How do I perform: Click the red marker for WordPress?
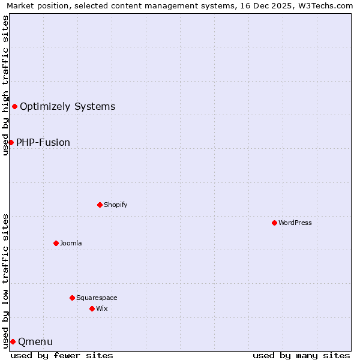274,223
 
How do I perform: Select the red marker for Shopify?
100,205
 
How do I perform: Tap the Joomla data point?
56,243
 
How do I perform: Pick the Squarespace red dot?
72,298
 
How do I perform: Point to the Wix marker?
92,308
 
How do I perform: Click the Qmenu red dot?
13,341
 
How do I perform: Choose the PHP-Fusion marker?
11,142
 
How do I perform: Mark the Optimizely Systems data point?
14,106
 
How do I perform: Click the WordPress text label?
295,223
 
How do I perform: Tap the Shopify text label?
116,205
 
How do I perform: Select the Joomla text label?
71,243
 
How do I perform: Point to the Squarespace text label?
97,298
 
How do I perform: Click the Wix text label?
102,308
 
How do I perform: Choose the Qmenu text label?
35,341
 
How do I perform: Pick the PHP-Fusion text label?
43,142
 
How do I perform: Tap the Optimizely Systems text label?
67,106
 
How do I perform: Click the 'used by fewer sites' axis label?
62,355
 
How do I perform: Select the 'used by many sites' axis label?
301,355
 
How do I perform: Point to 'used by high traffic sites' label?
5,85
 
